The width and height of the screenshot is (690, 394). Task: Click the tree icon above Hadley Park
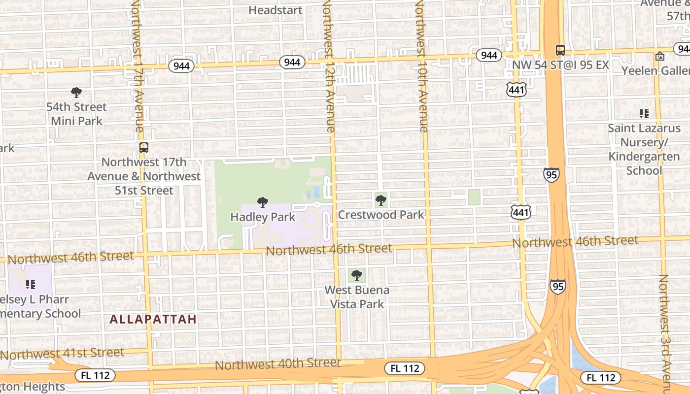(263, 202)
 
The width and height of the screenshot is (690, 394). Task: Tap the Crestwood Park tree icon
(380, 200)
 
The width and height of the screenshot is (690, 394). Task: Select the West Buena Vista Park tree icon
(357, 275)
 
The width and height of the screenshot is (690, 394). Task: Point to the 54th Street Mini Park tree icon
(76, 92)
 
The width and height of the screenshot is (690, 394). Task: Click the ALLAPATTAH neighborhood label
(153, 319)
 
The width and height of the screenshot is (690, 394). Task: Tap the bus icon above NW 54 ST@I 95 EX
(560, 50)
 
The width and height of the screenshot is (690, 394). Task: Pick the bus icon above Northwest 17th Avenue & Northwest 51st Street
(143, 147)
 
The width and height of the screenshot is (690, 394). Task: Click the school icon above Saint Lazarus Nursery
(644, 114)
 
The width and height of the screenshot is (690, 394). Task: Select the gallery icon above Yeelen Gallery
(660, 56)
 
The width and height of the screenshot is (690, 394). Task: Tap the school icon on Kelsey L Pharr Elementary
(31, 284)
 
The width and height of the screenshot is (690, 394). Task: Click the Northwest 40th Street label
(277, 364)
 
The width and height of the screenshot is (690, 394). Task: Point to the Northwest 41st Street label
(63, 353)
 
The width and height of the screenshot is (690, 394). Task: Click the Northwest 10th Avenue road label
(421, 66)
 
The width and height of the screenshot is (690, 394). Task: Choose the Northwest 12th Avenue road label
(329, 66)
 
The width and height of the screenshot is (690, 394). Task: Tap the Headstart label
(275, 10)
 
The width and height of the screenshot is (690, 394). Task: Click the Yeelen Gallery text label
(655, 70)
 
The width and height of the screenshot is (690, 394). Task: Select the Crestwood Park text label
(380, 215)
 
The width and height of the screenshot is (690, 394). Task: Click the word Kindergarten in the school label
(644, 157)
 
